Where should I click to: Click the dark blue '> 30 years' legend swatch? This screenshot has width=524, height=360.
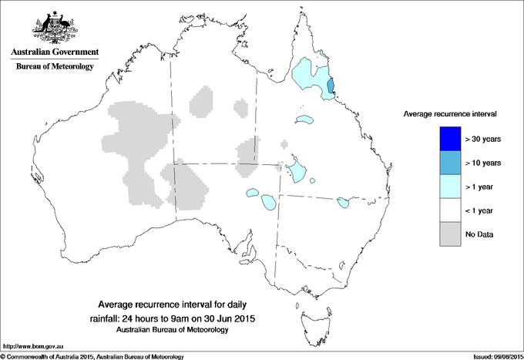445,139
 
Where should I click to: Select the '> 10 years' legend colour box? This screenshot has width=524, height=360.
445,163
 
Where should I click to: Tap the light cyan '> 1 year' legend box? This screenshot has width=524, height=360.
445,187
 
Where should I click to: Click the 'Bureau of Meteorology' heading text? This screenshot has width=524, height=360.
55,67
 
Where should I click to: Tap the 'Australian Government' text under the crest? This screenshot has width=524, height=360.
55,52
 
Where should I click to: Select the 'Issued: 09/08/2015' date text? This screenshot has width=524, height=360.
492,356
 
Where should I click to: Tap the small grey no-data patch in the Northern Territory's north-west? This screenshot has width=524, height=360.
201,101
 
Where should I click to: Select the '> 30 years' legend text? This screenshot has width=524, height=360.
483,139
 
